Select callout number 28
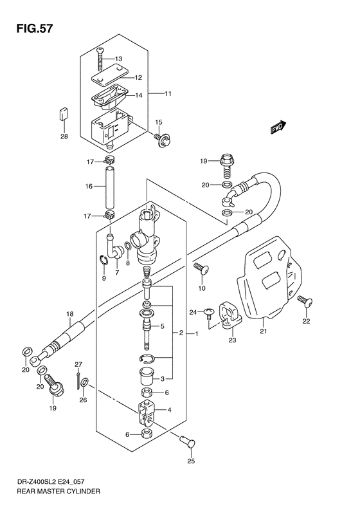pos(64,136)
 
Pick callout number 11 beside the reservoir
pos(168,95)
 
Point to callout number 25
pos(190,461)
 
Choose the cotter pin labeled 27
pos(78,381)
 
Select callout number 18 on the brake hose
pos(69,314)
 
